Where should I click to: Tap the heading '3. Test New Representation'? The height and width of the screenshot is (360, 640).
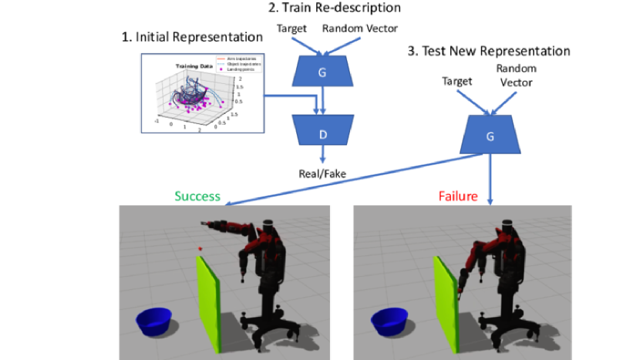pyautogui.click(x=489, y=52)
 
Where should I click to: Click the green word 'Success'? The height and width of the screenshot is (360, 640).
pyautogui.click(x=197, y=197)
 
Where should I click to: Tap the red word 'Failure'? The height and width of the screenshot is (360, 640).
pyautogui.click(x=458, y=197)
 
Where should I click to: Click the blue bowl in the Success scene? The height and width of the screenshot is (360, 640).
pyautogui.click(x=154, y=321)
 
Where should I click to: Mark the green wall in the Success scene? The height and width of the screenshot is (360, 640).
pyautogui.click(x=209, y=301)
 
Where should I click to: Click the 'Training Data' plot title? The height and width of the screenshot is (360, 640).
pyautogui.click(x=193, y=66)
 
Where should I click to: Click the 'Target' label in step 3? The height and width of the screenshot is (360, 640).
pyautogui.click(x=456, y=80)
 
